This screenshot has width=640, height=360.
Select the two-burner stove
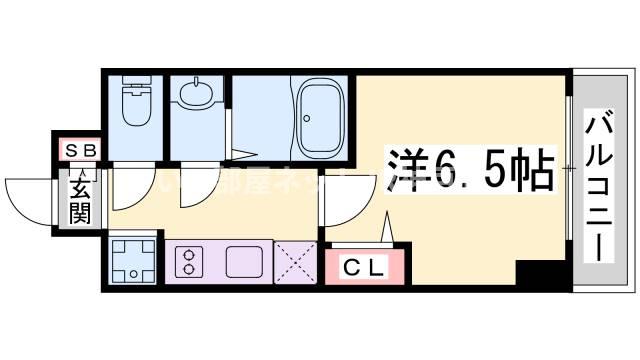pyautogui.click(x=188, y=263)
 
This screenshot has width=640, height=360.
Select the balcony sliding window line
pyautogui.click(x=569, y=180)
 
